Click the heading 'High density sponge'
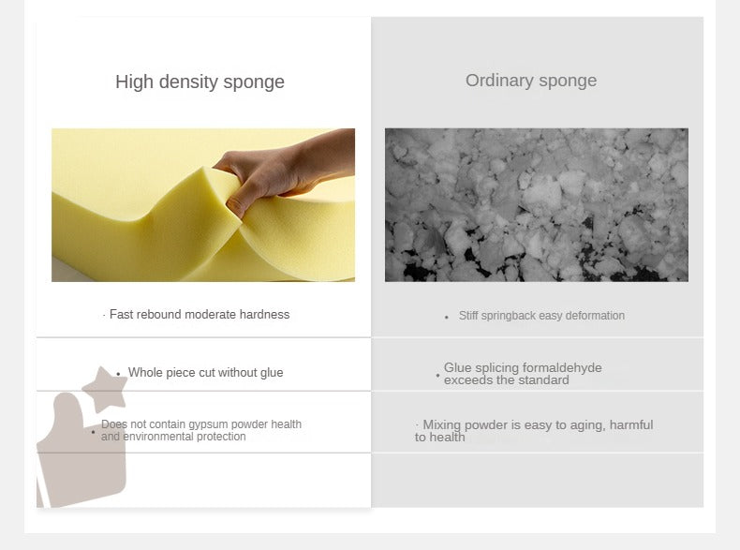(x=200, y=82)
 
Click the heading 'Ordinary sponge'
(x=531, y=81)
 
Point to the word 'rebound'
(x=159, y=315)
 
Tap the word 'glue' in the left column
(x=272, y=373)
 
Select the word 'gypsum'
(x=208, y=424)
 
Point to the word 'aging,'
(x=585, y=425)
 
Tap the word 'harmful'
(x=631, y=424)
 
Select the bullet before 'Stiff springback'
(x=447, y=318)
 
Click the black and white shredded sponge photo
(x=537, y=205)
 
